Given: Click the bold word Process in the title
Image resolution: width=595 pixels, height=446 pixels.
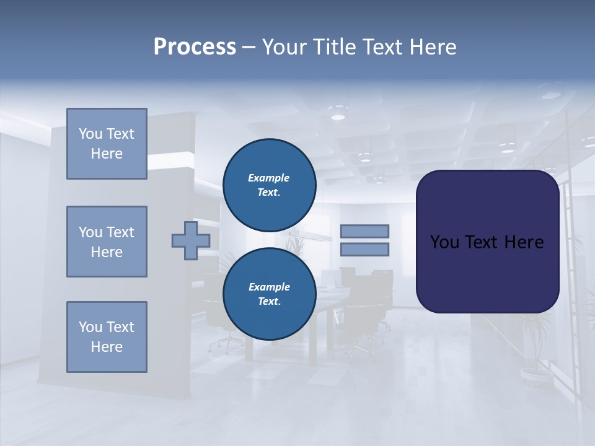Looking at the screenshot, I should pyautogui.click(x=195, y=47).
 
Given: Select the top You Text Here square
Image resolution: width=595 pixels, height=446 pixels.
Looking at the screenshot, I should pyautogui.click(x=107, y=144).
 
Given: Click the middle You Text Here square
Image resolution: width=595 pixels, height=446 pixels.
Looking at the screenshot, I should pyautogui.click(x=107, y=242).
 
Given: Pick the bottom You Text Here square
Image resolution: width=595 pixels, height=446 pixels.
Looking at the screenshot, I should pyautogui.click(x=107, y=337).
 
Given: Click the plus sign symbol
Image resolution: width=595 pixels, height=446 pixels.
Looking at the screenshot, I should pyautogui.click(x=191, y=241).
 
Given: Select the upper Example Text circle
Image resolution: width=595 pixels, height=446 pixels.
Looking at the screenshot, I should pyautogui.click(x=269, y=185).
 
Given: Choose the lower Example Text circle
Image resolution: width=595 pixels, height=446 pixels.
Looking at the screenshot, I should pyautogui.click(x=269, y=294).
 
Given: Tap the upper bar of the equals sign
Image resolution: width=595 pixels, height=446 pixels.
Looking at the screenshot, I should pyautogui.click(x=364, y=231).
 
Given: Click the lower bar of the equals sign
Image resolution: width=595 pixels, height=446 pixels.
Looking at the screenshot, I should pyautogui.click(x=364, y=250).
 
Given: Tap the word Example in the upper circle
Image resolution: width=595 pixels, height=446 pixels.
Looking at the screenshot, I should pyautogui.click(x=268, y=178).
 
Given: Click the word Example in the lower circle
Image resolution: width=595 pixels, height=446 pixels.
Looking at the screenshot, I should pyautogui.click(x=269, y=287).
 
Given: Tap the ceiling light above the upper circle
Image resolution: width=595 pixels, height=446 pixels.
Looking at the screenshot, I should pyautogui.click(x=338, y=115).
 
